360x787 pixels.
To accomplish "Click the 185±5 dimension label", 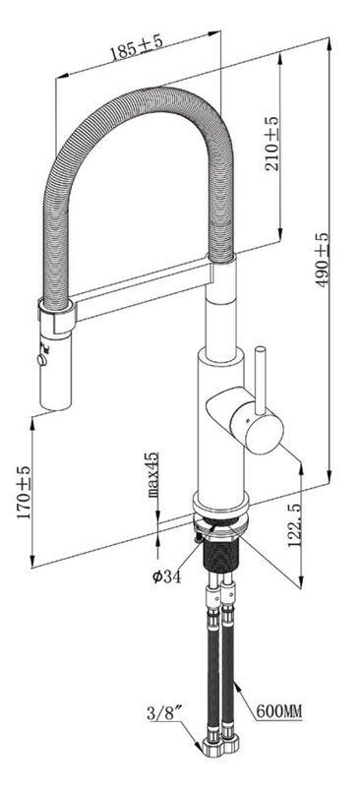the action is click(x=137, y=47).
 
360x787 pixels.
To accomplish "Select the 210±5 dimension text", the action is click(x=271, y=144).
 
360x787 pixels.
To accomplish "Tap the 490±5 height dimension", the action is click(x=322, y=260).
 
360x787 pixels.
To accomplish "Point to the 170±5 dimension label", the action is click(x=24, y=493).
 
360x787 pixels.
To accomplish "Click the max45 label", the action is click(x=152, y=474).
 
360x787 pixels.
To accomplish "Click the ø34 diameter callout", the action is click(x=166, y=576).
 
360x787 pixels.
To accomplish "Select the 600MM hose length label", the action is click(x=279, y=710).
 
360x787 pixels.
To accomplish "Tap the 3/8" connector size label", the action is click(x=162, y=713).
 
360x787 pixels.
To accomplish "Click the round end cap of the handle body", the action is click(x=263, y=430).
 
